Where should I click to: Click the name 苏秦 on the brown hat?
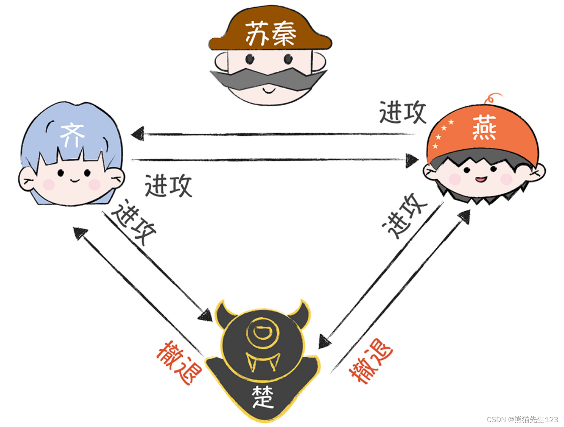(x=271, y=34)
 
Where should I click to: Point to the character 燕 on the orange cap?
(x=484, y=128)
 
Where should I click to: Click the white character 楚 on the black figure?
(x=263, y=397)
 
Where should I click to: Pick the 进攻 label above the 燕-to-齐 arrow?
(x=402, y=112)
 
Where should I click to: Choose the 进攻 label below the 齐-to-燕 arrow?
(x=168, y=186)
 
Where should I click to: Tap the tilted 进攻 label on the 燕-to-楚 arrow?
(x=404, y=216)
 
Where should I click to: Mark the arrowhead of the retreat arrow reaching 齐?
(x=80, y=233)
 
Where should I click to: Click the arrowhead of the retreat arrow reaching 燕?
(x=464, y=217)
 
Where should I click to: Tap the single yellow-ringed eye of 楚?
(x=262, y=332)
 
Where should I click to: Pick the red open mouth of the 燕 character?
(x=481, y=179)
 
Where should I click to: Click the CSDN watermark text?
(x=522, y=419)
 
